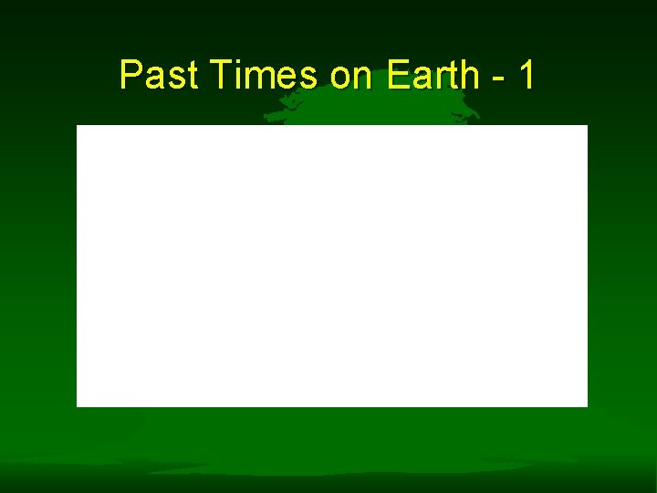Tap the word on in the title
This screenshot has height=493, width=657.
tap(353, 76)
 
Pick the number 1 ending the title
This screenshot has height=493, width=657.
tap(526, 76)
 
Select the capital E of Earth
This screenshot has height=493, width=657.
tap(395, 76)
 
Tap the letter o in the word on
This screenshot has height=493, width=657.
tap(340, 79)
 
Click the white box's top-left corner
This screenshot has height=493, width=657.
tap(78, 126)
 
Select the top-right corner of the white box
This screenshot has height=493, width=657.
tap(586, 126)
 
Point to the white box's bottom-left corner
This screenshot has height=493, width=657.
tap(78, 404)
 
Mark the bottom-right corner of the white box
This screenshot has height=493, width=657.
tap(586, 404)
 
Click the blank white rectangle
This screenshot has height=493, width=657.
tap(331, 265)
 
